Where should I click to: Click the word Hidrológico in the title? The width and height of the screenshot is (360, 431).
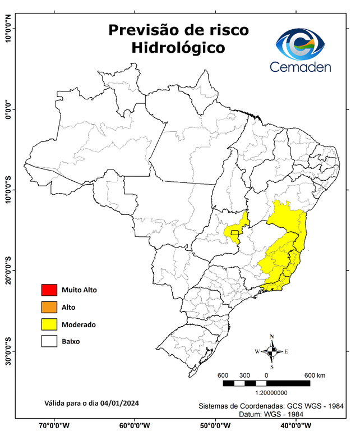[178, 48]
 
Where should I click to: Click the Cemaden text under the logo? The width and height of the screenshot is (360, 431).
[301, 67]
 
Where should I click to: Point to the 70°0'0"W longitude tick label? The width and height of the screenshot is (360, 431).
[54, 425]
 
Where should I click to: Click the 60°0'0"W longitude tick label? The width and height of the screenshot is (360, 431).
[135, 425]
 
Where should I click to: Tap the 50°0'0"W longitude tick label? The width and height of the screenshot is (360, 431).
[215, 425]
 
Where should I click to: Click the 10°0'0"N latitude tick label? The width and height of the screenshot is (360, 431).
[8, 29]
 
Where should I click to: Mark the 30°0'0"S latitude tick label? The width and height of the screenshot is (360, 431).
[8, 351]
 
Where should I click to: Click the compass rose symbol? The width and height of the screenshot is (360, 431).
[272, 351]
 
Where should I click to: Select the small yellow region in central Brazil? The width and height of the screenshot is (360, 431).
[236, 230]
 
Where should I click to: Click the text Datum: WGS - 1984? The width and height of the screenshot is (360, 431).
[270, 414]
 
